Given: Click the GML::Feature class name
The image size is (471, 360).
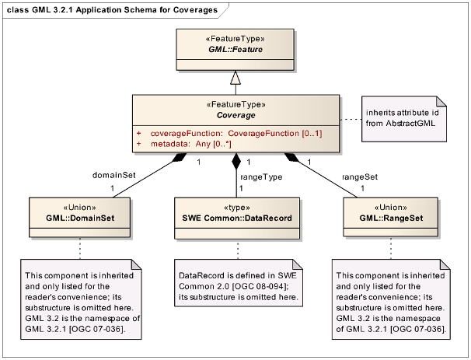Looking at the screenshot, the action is coord(235,49).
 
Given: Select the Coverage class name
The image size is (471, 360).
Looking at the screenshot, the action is coord(236,115).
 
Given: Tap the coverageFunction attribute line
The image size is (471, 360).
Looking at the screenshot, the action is coord(229,134).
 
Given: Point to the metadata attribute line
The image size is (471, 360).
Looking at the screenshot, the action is coord(184,145).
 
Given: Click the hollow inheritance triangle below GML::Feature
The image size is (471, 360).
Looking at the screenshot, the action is coord(235,78).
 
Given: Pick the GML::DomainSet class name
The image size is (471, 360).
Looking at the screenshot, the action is coord(80,218).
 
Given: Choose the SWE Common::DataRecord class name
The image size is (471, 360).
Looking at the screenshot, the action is coord(237,218).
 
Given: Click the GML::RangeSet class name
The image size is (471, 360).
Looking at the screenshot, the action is coord(391,218).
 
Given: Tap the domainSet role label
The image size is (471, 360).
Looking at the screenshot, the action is coord(114,175).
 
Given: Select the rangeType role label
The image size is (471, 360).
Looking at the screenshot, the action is coord(261,177).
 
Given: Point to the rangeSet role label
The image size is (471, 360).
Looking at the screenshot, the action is coord(360,177).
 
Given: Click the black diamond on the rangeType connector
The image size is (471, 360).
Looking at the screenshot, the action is coord(236,161).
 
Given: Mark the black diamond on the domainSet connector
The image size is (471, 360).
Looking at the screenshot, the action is coord(180,158).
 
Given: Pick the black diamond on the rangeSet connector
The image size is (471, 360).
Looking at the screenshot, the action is coord(292,158).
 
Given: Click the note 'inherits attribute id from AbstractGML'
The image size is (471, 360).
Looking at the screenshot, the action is coord(404,119).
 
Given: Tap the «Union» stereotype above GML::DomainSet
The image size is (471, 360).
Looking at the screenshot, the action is coord(80,208).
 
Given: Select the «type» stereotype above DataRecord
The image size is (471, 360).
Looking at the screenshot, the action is coord(237,208).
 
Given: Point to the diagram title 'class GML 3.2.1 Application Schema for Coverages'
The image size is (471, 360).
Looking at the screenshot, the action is coord(113,10).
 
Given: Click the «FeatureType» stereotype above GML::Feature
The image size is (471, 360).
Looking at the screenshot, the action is coord(235,39).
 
